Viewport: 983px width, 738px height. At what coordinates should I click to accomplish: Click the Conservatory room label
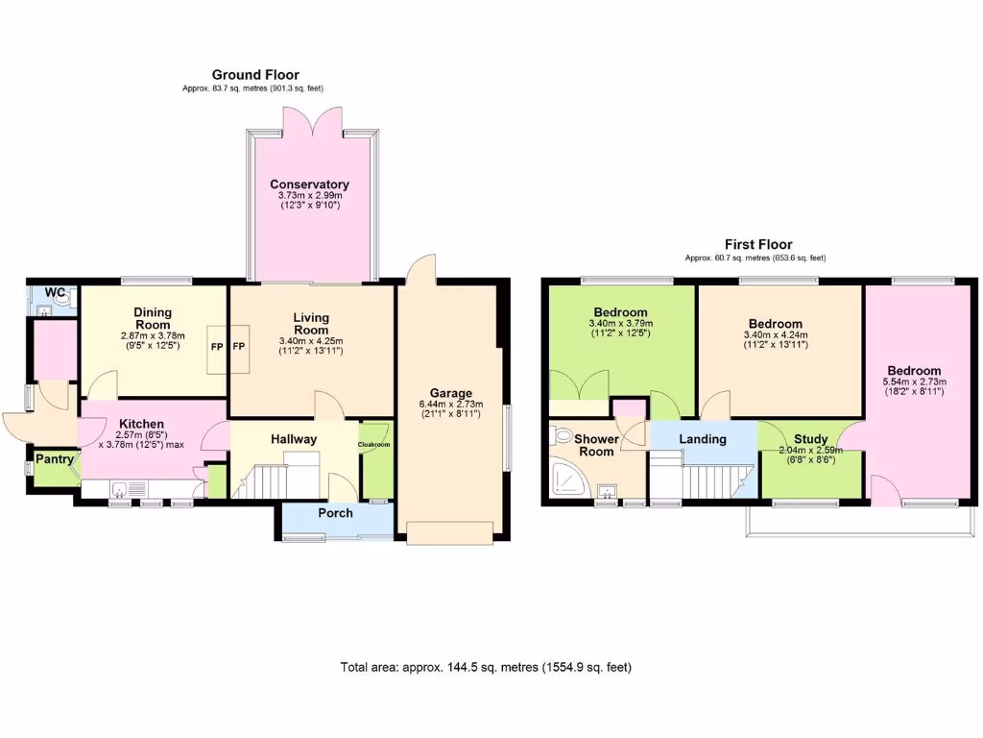pyautogui.click(x=309, y=184)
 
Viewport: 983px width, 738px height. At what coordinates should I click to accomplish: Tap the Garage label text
pyautogui.click(x=450, y=393)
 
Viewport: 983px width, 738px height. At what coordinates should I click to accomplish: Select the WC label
pyautogui.click(x=55, y=292)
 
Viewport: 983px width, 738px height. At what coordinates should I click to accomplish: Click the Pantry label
pyautogui.click(x=55, y=459)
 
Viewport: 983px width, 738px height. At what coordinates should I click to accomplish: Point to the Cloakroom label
pyautogui.click(x=374, y=445)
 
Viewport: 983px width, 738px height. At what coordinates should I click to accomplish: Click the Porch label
pyautogui.click(x=335, y=513)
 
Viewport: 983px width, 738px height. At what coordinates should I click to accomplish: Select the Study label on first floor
pyautogui.click(x=810, y=439)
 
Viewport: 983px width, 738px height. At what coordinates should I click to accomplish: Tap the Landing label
pyautogui.click(x=703, y=439)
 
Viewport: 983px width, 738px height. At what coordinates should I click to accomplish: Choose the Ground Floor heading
pyautogui.click(x=255, y=75)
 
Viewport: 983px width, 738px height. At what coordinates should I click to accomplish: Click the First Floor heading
pyautogui.click(x=758, y=245)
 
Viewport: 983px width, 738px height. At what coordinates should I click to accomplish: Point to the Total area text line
pyautogui.click(x=486, y=667)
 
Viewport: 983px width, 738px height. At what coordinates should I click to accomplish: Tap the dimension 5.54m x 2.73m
pyautogui.click(x=914, y=381)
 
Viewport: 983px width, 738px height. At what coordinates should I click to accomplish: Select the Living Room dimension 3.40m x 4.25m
pyautogui.click(x=310, y=340)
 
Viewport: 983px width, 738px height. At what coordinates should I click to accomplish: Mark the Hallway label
pyautogui.click(x=293, y=439)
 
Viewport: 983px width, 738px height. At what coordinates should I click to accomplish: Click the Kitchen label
pyautogui.click(x=141, y=424)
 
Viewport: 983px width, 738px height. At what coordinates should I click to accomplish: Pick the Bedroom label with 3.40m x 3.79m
pyautogui.click(x=620, y=312)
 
